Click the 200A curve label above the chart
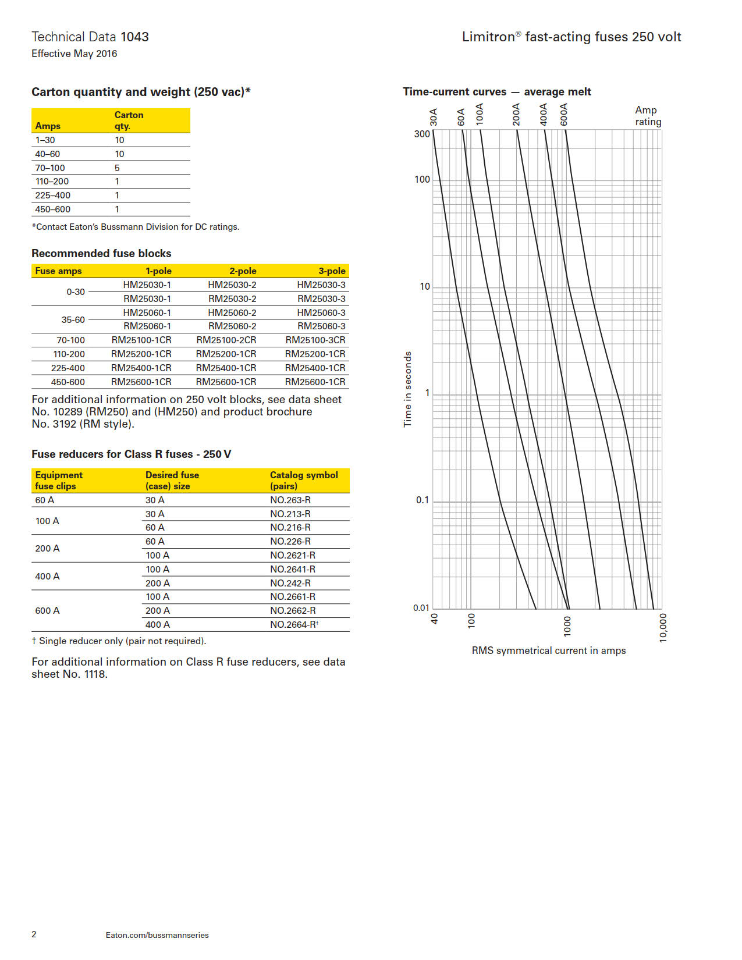coord(516,115)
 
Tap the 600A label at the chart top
coord(563,115)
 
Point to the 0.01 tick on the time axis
coord(421,608)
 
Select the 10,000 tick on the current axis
coord(663,628)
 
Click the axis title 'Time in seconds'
coord(407,389)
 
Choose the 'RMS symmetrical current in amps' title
coord(548,650)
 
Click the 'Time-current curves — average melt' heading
coord(496,92)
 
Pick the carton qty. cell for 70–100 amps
coord(117,168)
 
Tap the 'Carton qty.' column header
coord(129,120)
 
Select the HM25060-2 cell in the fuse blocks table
coord(232,312)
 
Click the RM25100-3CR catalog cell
coord(315,340)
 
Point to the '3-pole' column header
coord(331,271)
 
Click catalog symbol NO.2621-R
coord(292,555)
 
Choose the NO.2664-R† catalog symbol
coord(294,624)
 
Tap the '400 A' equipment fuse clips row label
coord(47,576)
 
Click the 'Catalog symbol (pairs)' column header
coord(303,481)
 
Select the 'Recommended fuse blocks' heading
coord(101,254)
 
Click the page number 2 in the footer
coord(34,934)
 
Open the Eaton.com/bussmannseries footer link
coord(157,935)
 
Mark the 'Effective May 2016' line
coord(74,54)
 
